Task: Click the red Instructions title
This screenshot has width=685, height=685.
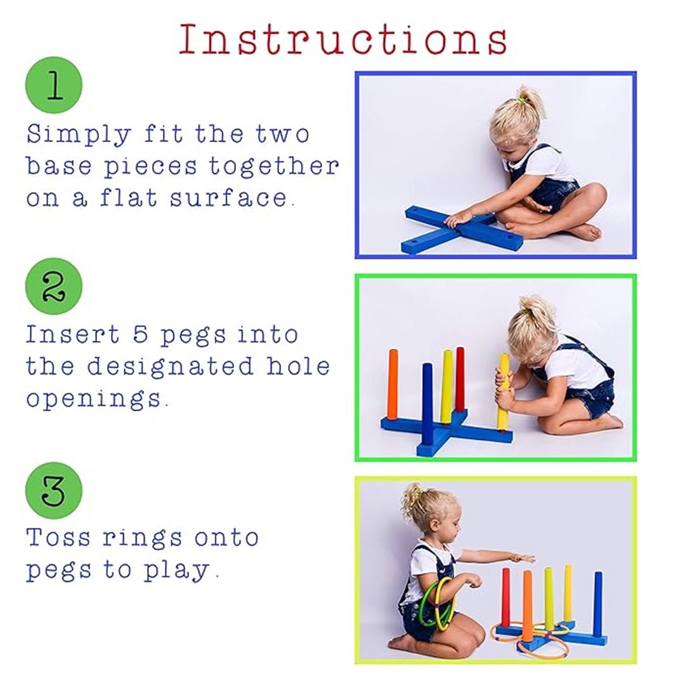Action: tap(342, 39)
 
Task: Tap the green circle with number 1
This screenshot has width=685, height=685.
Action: tap(54, 85)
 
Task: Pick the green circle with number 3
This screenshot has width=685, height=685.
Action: tap(54, 490)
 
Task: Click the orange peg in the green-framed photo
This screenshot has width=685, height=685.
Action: tap(393, 384)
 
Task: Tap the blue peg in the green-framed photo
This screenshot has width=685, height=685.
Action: tap(427, 403)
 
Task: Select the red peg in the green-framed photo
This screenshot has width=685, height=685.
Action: tap(460, 379)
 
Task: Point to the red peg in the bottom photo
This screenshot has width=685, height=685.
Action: tap(506, 596)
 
